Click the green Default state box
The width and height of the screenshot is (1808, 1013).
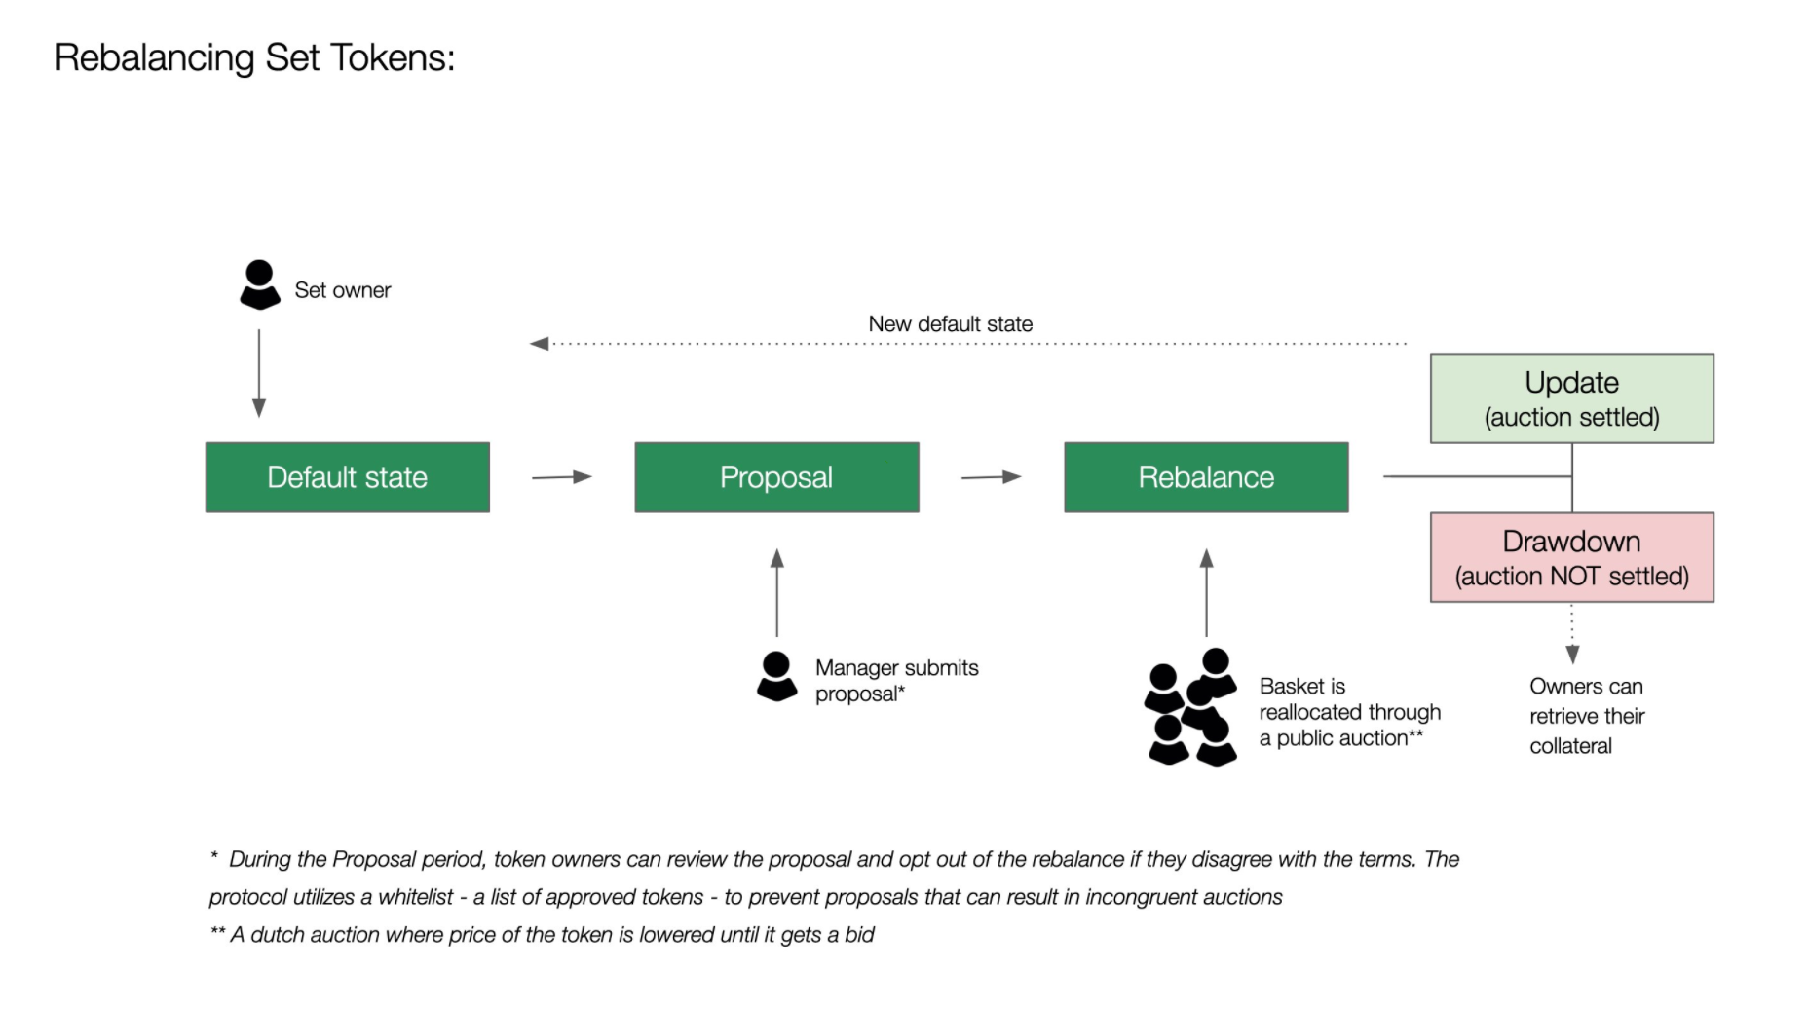[x=347, y=477]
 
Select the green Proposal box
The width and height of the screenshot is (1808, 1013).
[x=776, y=477]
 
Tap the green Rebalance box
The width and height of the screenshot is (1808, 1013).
[x=1206, y=477]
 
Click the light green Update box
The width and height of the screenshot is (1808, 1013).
[x=1571, y=398]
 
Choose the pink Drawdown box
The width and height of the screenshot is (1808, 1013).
[x=1571, y=557]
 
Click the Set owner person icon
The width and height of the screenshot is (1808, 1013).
[x=259, y=284]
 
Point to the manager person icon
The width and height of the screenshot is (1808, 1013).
[x=776, y=676]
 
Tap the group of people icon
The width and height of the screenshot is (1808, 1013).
[x=1190, y=707]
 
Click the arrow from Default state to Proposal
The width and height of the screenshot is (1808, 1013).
[x=562, y=477]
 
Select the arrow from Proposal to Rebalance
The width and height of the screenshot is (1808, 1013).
[x=991, y=477]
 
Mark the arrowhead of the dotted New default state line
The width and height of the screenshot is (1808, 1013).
[x=539, y=344]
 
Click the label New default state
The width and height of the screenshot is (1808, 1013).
[x=950, y=324]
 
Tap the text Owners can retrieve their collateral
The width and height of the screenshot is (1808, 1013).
[x=1586, y=716]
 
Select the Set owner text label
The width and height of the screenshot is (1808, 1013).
[x=342, y=290]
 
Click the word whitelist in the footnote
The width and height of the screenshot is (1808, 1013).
[x=415, y=897]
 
